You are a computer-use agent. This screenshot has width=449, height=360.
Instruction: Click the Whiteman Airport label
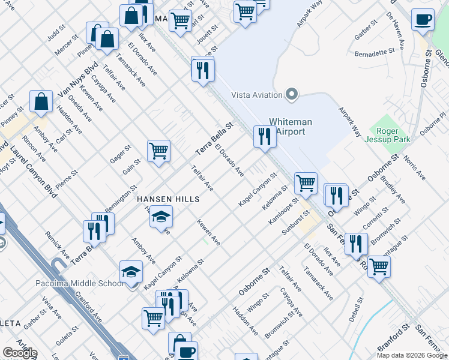point(286,126)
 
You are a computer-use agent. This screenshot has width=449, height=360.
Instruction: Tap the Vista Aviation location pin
point(292,94)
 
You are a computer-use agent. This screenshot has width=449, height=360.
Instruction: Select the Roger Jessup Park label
point(393,135)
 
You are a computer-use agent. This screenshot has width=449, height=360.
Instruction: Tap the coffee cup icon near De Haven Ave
point(423,19)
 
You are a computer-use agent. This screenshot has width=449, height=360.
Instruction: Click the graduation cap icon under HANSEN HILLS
point(161,216)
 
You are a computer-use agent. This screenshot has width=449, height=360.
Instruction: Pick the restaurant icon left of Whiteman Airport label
point(264,136)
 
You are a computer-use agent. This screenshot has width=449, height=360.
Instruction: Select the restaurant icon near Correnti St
point(357,244)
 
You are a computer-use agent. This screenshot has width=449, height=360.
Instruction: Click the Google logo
point(20,353)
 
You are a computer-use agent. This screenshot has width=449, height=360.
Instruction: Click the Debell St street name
point(358,308)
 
